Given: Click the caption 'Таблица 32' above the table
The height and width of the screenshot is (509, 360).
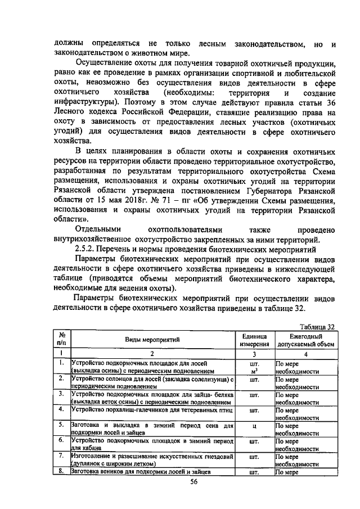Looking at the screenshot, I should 318,327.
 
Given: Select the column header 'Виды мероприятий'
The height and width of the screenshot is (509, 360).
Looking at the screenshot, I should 152,340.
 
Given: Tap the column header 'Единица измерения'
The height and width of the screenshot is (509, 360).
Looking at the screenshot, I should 254,340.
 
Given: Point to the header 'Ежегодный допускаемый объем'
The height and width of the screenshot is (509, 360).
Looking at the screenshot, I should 305,340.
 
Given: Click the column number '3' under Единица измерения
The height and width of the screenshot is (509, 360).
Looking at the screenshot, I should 254,354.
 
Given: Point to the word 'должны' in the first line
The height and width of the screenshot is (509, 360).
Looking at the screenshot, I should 70,44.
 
